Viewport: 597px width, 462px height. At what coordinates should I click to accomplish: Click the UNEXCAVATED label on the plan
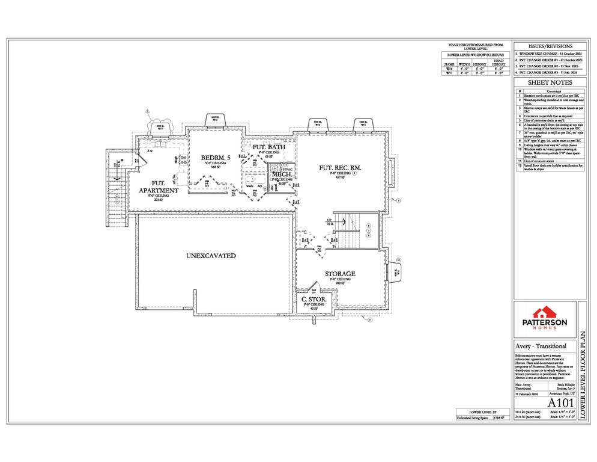pos(211,256)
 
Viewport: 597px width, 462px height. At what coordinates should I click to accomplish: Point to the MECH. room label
pos(282,174)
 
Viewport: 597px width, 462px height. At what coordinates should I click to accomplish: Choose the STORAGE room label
pos(340,274)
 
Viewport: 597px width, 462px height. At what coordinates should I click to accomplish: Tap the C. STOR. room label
pos(313,298)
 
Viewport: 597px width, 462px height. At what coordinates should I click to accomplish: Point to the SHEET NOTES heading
pos(550,82)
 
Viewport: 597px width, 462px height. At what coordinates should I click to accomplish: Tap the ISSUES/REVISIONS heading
pos(550,46)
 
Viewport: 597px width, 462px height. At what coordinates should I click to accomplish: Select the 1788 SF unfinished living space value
pos(499,416)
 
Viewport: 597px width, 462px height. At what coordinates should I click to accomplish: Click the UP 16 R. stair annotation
pos(330,221)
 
